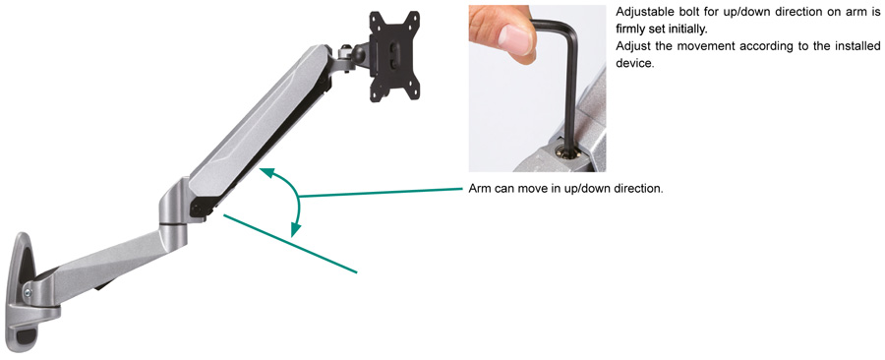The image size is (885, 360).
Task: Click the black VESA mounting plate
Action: [x=395, y=56]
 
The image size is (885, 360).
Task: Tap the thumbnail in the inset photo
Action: [x=515, y=39]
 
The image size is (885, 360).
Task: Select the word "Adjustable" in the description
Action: [x=640, y=12]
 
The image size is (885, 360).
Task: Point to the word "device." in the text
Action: [x=634, y=63]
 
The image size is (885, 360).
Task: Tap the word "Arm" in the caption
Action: [x=479, y=189]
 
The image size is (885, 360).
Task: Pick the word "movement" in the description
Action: [x=696, y=46]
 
